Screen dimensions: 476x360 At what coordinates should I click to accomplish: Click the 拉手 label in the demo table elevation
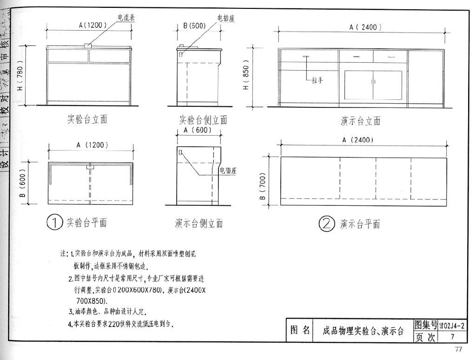point(317,80)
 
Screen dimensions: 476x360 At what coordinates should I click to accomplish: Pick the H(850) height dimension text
point(246,75)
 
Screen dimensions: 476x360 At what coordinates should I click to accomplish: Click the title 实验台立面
point(87,119)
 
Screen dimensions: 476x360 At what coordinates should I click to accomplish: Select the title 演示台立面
point(360,121)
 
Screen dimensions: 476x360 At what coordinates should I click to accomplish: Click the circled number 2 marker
point(326,224)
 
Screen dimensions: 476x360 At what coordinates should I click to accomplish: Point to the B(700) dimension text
point(263,187)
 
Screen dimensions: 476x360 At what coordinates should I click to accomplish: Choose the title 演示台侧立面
point(199,223)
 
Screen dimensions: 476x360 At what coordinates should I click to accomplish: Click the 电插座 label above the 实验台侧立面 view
point(225,18)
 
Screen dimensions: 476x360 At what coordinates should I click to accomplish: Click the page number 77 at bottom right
point(458,350)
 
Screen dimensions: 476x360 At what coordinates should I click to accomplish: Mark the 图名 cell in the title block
point(300,330)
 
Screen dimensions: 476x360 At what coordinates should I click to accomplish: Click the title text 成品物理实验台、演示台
point(363,331)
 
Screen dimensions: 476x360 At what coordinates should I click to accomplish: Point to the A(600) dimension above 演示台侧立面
point(198,131)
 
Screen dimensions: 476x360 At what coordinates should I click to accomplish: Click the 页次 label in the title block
point(425,337)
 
